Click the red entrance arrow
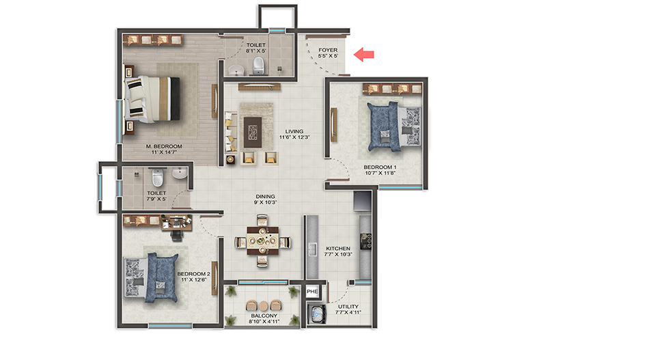coord(363,55)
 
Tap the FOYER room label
coord(328,50)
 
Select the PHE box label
coord(312,291)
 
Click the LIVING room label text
coord(294,131)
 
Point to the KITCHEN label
coord(338,249)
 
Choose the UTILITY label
coord(348,307)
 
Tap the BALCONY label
coord(264,316)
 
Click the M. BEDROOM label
coord(164,146)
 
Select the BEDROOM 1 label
coord(380,167)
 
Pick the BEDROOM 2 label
coord(194,274)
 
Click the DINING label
coord(265,197)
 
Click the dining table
coord(262,240)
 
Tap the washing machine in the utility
coord(316,315)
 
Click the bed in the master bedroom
coord(152,99)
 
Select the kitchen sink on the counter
coord(312,249)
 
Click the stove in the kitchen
coord(365,240)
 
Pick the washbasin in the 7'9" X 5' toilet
coord(179,173)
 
